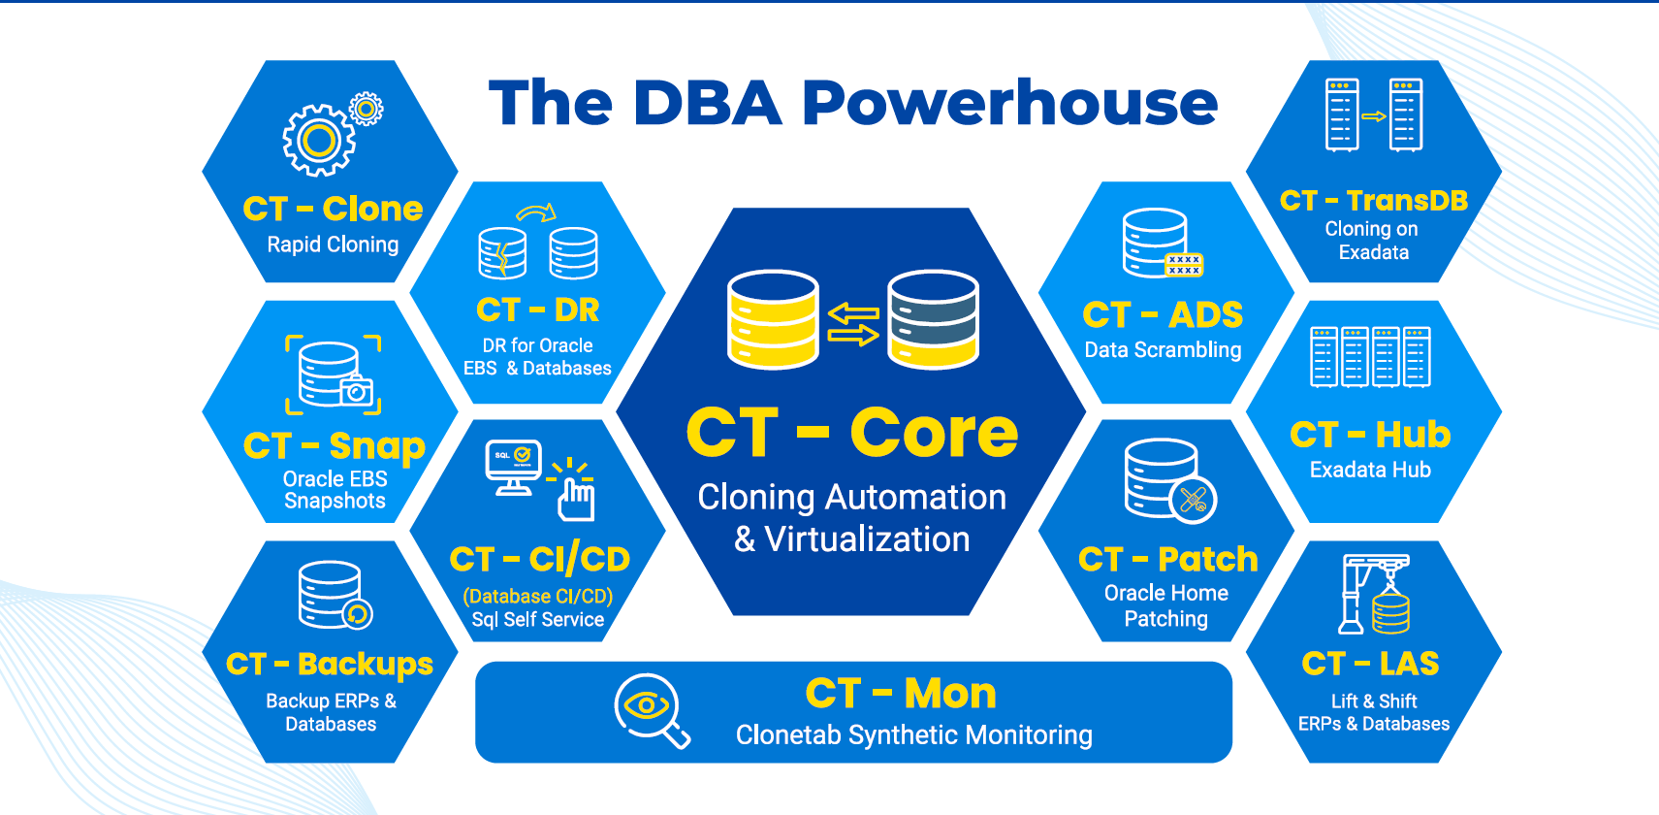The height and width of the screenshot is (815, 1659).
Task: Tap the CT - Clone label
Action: tap(333, 209)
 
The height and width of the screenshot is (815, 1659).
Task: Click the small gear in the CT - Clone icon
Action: tap(367, 109)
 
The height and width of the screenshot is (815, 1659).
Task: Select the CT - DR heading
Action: tap(538, 310)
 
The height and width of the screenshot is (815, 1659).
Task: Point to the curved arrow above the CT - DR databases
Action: tap(536, 212)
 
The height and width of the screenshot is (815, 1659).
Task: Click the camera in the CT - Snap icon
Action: tap(356, 390)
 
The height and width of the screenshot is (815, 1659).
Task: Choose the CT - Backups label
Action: tap(330, 664)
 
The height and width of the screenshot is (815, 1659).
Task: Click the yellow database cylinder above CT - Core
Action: tap(773, 319)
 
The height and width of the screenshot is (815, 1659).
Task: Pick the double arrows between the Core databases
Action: tap(853, 324)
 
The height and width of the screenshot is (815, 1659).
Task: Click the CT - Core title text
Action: tap(852, 433)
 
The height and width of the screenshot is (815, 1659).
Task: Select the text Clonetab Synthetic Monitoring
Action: tap(913, 735)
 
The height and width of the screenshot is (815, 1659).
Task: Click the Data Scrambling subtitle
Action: tap(1163, 350)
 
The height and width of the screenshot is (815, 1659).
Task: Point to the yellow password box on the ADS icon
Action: tap(1184, 265)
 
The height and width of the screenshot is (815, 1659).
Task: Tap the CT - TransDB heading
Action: tap(1373, 200)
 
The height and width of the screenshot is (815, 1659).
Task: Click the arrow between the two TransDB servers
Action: tap(1373, 116)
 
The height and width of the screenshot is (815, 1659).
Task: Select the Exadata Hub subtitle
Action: tap(1370, 470)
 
